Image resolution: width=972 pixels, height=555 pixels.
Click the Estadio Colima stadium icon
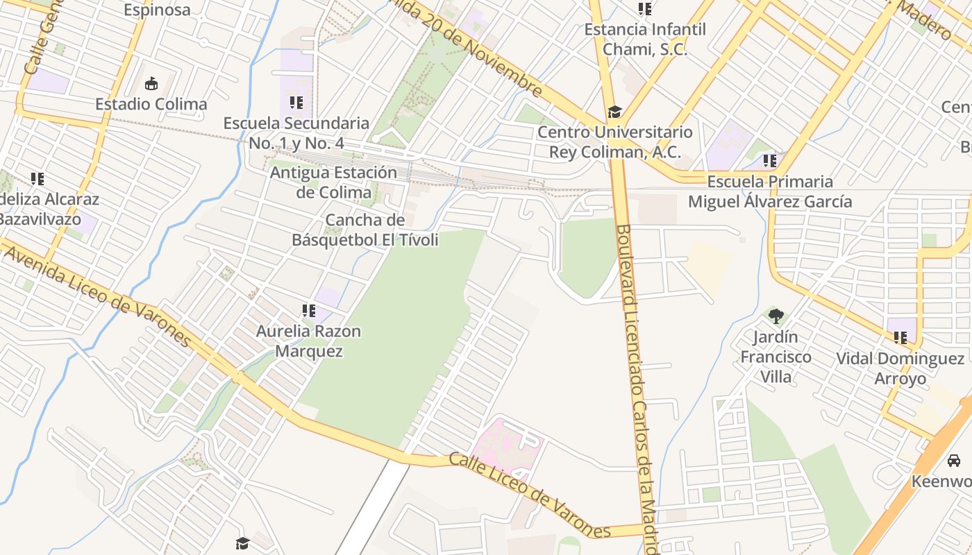click(x=151, y=84)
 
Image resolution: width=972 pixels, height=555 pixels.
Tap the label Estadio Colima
click(x=151, y=104)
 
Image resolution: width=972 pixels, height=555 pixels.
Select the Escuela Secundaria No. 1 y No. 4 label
click(x=296, y=133)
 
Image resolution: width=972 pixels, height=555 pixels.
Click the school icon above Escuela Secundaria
click(x=296, y=103)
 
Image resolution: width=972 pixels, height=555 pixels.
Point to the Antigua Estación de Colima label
click(x=333, y=182)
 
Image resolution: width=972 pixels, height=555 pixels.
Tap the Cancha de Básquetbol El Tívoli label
click(x=364, y=230)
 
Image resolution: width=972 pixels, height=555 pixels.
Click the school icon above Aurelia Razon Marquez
click(x=308, y=311)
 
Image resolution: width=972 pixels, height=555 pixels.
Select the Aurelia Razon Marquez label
click(x=308, y=341)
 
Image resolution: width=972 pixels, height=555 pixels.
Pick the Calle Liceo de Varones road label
click(x=530, y=495)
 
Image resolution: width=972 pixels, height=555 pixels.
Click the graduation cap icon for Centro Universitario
click(x=614, y=112)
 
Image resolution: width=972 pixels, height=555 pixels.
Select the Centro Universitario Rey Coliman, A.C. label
click(x=615, y=142)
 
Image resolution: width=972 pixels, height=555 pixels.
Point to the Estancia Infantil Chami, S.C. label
click(x=644, y=40)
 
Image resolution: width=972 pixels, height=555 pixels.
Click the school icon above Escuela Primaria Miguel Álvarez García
click(x=769, y=161)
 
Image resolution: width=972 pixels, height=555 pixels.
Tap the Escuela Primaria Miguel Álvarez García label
click(x=769, y=191)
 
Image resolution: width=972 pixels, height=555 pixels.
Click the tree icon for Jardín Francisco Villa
click(x=776, y=316)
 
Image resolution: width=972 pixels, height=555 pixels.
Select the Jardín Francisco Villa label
click(x=776, y=357)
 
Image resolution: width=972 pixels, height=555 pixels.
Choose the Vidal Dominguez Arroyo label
click(x=900, y=368)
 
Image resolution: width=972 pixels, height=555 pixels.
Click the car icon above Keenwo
click(x=954, y=460)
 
